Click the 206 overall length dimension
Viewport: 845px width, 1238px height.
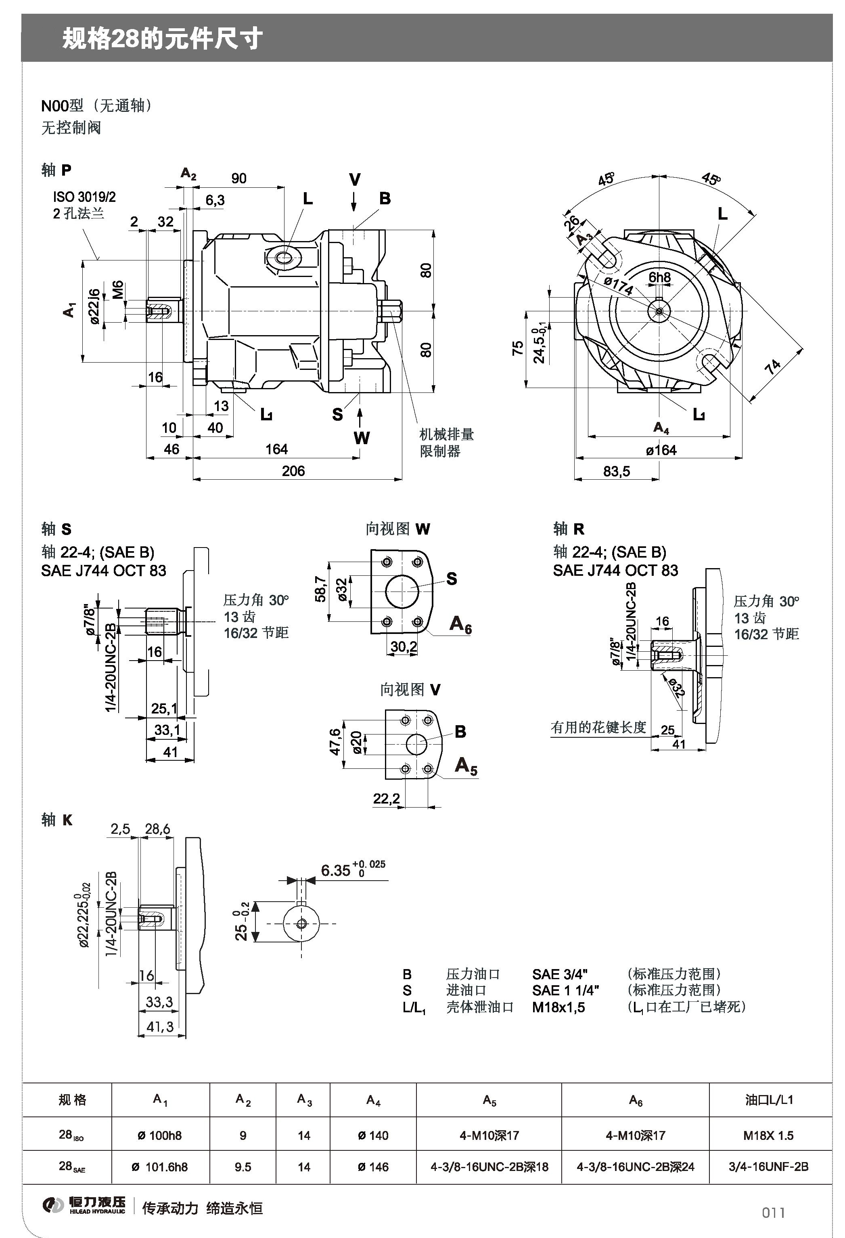[293, 471]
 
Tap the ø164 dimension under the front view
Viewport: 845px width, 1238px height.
[661, 450]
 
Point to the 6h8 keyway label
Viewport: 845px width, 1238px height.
[659, 277]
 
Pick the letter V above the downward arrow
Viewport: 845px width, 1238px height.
[355, 180]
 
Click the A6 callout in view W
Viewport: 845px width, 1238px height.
[460, 624]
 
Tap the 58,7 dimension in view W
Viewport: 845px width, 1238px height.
[320, 589]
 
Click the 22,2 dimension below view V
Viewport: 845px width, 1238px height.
[386, 799]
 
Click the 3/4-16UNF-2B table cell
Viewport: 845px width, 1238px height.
[768, 1167]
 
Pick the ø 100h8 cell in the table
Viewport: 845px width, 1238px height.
[160, 1135]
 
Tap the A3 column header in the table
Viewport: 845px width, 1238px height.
[304, 1100]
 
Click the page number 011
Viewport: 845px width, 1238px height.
[773, 1213]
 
